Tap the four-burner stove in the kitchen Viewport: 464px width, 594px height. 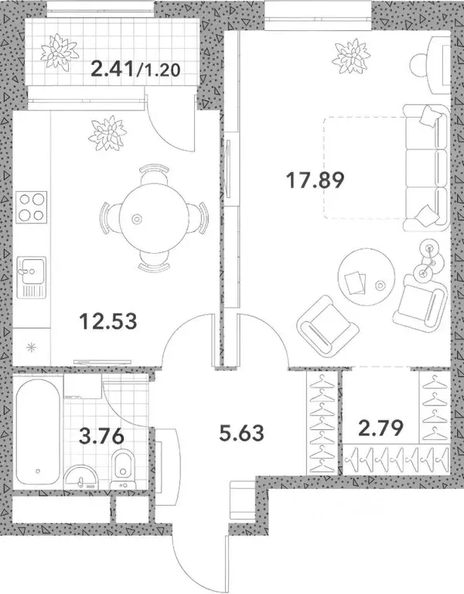[x=31, y=207]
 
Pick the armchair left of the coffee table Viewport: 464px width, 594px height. [x=323, y=323]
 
